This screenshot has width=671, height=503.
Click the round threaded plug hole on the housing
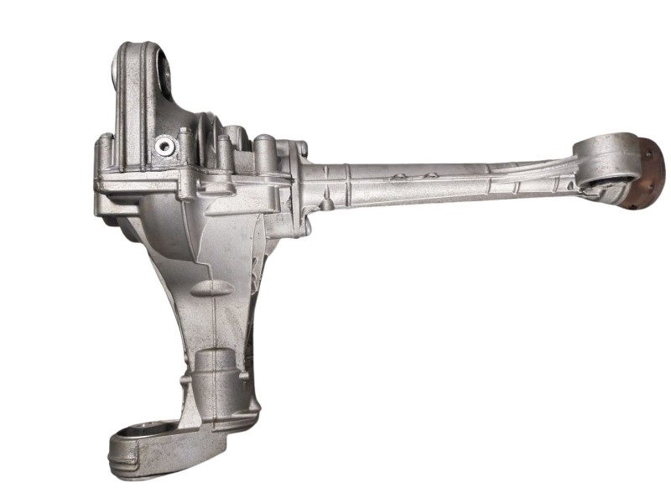pyautogui.click(x=164, y=148)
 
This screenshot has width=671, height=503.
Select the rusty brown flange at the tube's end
pyautogui.click(x=651, y=173)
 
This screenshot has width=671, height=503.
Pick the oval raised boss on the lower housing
pyautogui.click(x=211, y=288)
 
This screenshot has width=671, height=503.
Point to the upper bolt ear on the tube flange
pyautogui.click(x=301, y=150)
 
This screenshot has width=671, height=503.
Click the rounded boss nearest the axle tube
pyautogui.click(x=265, y=151)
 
